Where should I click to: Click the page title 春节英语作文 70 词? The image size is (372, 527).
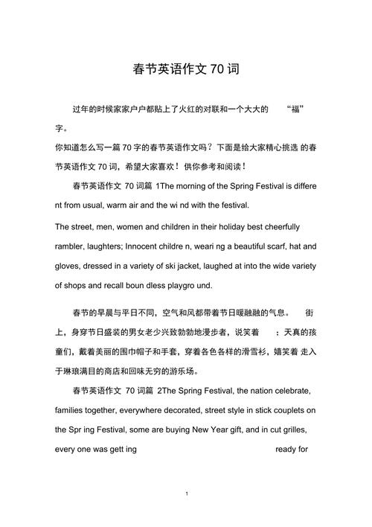[186, 70]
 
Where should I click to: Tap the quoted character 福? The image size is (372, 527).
[295, 109]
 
